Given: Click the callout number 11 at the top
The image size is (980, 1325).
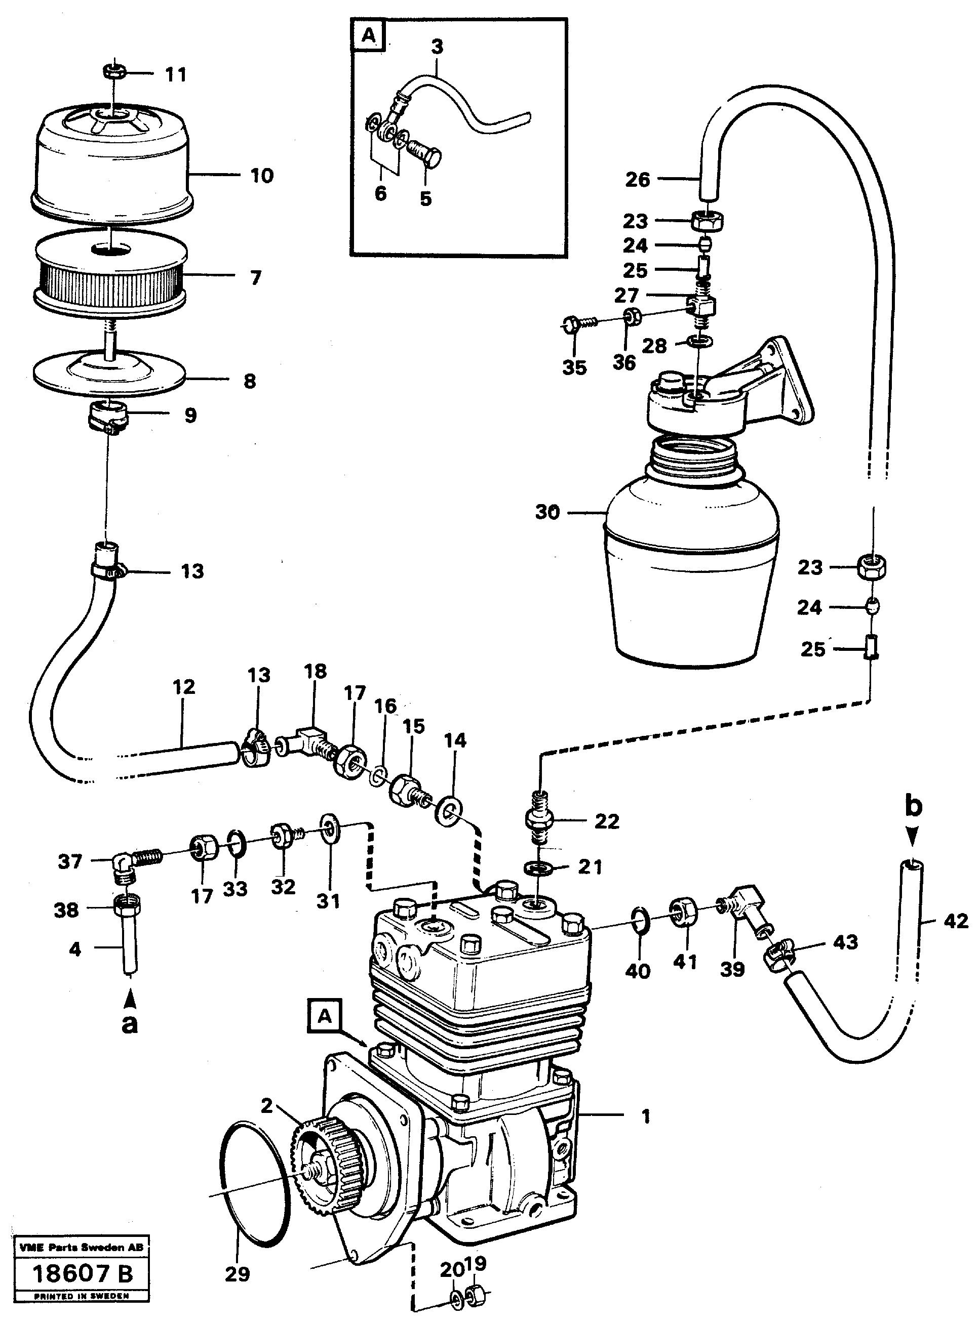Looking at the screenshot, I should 176,75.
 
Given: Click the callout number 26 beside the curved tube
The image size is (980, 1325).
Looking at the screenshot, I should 638,180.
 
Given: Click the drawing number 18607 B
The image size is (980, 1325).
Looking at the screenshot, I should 83,1274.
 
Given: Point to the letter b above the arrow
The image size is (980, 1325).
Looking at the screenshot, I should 913,807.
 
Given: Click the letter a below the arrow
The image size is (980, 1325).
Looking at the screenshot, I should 129,1023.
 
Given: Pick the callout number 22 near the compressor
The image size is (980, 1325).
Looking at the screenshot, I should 606,821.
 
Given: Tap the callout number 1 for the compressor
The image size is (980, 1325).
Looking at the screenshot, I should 646,1116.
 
